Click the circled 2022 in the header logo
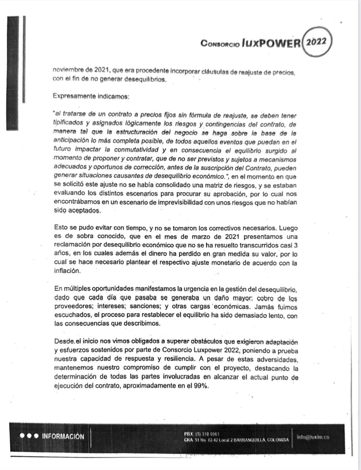317,42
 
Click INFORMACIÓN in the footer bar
63,437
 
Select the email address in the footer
313,437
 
